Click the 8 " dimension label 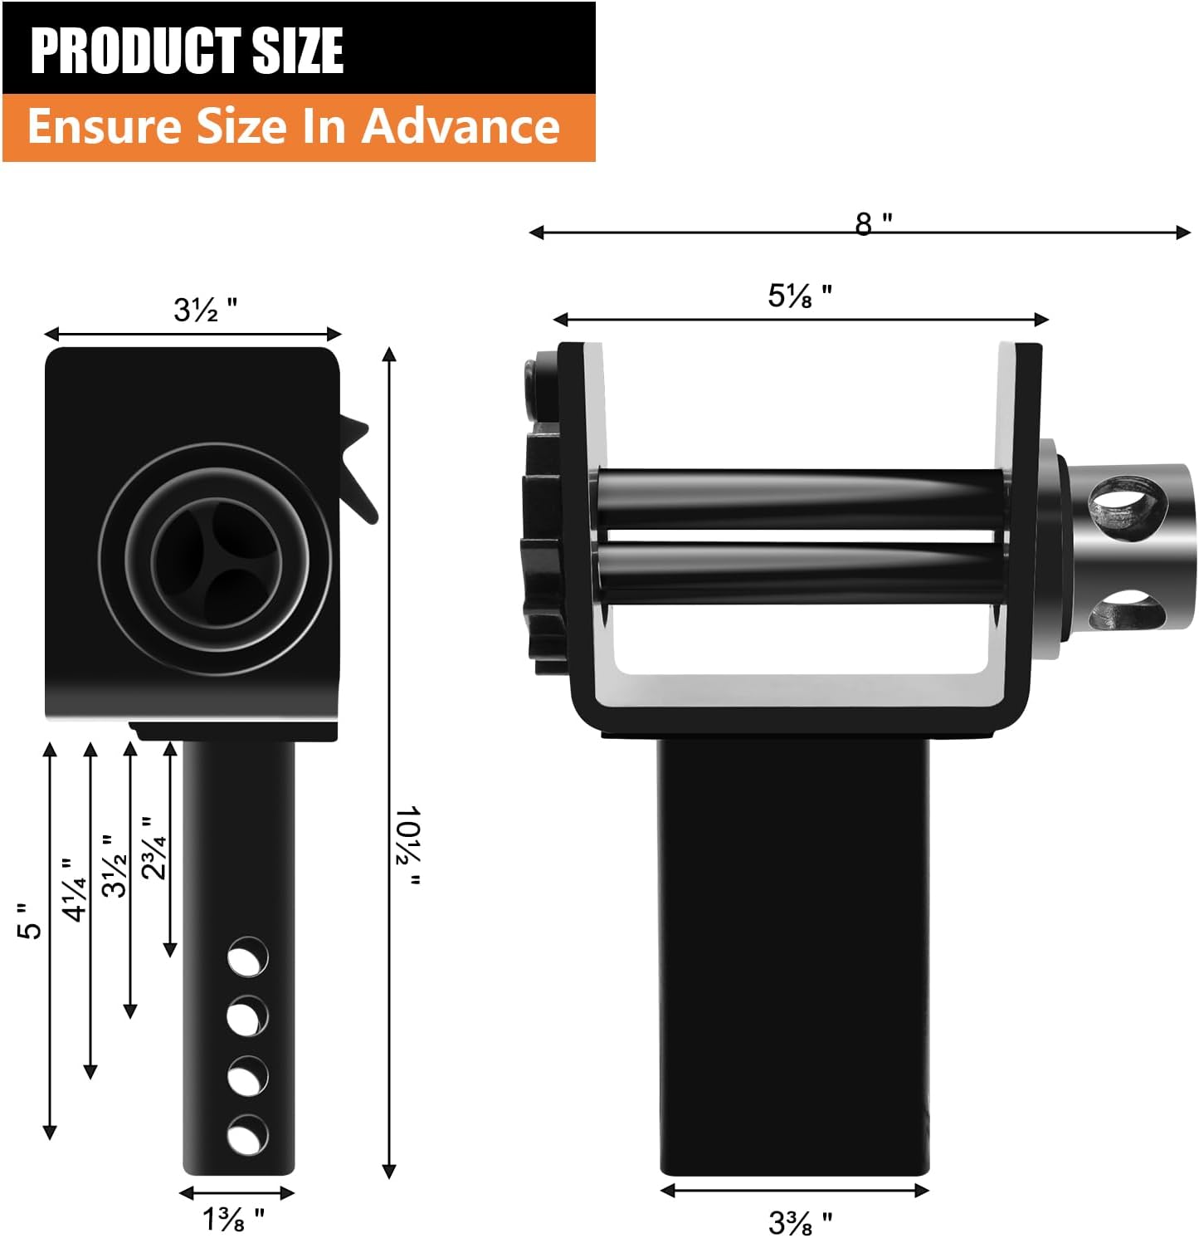tap(873, 223)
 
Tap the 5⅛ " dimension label tap(799, 296)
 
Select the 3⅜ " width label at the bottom tap(800, 1221)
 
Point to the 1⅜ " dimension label tap(233, 1219)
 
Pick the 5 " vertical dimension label tap(30, 921)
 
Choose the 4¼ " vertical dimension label tap(74, 889)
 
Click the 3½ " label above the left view tap(205, 310)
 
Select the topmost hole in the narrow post tap(247, 957)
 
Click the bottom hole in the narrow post tap(247, 1135)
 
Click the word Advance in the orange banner tap(461, 126)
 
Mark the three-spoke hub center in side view tap(218, 559)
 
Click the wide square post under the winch tap(794, 955)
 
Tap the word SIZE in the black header tap(297, 51)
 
